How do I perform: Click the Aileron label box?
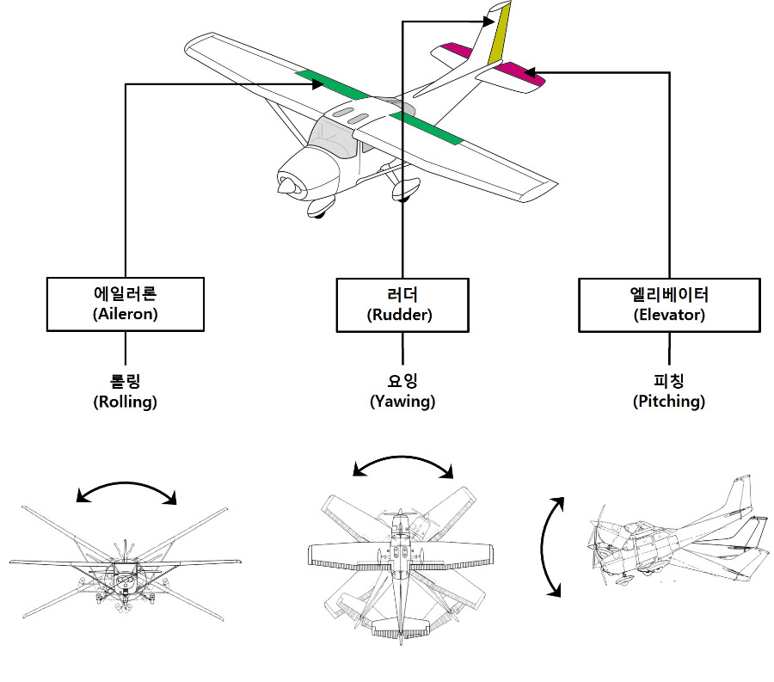(x=126, y=304)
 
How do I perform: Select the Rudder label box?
(x=402, y=305)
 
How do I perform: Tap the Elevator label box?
(x=669, y=305)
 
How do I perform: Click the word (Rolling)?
(x=126, y=402)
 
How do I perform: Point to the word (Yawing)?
(x=402, y=402)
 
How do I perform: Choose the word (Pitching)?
(x=669, y=402)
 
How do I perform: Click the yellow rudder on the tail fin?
(x=500, y=34)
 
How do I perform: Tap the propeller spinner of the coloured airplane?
(x=285, y=186)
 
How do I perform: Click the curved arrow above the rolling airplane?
(x=126, y=492)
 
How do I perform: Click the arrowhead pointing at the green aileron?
(x=318, y=84)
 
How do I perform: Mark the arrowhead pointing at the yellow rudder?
(x=488, y=22)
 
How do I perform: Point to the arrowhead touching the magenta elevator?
(x=530, y=73)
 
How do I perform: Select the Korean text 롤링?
(x=125, y=381)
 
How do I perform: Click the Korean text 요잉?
(x=402, y=380)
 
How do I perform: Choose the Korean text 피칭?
(x=669, y=380)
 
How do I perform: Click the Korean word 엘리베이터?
(x=669, y=295)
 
